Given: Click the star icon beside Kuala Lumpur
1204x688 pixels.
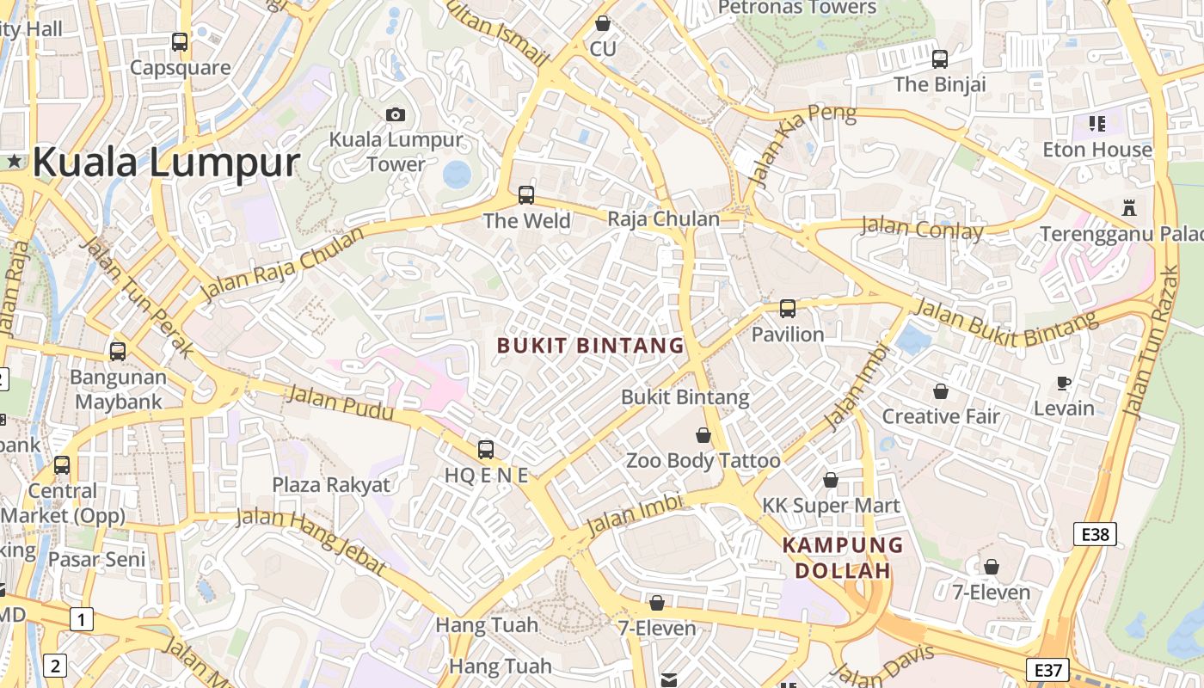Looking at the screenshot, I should [15, 161].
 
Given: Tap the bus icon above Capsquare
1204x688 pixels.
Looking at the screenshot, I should [180, 41].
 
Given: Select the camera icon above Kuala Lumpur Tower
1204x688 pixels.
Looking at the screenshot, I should [396, 114].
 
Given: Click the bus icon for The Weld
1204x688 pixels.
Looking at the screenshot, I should [526, 195].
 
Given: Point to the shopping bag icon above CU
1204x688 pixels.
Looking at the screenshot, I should [603, 23].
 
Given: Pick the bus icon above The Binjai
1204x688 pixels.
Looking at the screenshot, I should [940, 59].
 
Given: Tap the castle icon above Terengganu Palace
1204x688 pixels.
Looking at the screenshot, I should [1128, 207].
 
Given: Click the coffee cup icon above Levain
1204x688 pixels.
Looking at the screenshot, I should [1064, 383].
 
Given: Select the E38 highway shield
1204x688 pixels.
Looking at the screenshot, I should [1095, 534].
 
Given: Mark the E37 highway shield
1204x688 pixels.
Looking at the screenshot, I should [1049, 669].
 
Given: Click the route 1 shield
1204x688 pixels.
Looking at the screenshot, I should [81, 618].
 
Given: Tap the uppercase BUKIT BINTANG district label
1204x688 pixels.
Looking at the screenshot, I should [591, 346].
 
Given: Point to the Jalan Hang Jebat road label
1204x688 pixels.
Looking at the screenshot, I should [310, 537].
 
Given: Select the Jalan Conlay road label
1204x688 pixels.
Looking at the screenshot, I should [922, 229].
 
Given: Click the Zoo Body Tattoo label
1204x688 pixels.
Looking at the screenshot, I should [703, 461].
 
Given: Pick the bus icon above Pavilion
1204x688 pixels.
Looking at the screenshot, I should [788, 309].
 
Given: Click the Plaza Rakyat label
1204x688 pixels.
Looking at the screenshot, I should [331, 485].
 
